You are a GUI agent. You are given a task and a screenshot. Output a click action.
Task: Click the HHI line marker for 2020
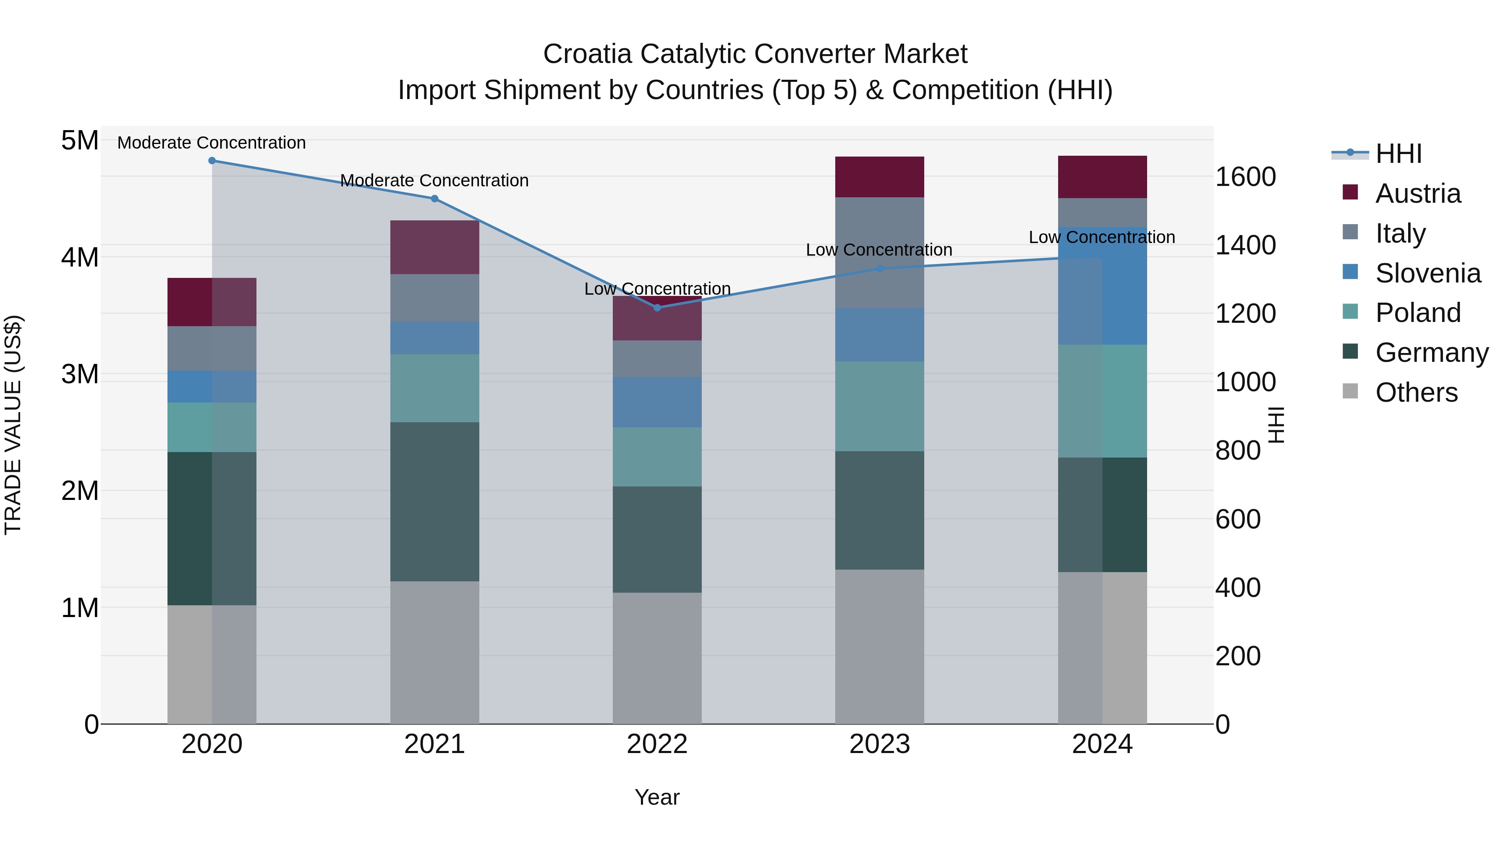[212, 161]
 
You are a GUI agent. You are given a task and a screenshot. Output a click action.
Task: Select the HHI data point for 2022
[657, 307]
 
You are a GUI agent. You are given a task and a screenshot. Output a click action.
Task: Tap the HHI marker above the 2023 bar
[879, 269]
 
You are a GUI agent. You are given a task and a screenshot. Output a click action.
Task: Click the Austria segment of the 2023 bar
[879, 177]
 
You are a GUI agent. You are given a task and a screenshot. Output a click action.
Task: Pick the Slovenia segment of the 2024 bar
[1102, 286]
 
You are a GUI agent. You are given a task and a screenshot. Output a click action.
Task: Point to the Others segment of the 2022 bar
[657, 658]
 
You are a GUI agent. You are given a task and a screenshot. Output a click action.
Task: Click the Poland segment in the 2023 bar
[879, 406]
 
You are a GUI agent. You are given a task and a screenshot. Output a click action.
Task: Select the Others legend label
[1416, 392]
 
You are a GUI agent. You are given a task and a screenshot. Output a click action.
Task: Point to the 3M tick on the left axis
[80, 374]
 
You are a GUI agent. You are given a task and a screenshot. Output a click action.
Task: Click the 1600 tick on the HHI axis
[1245, 177]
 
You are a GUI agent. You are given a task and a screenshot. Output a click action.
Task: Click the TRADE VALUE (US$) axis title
[13, 425]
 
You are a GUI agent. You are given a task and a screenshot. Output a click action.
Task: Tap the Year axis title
[657, 797]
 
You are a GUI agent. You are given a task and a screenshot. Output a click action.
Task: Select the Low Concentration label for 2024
[1102, 238]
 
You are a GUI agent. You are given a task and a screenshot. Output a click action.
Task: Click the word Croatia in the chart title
[587, 54]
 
